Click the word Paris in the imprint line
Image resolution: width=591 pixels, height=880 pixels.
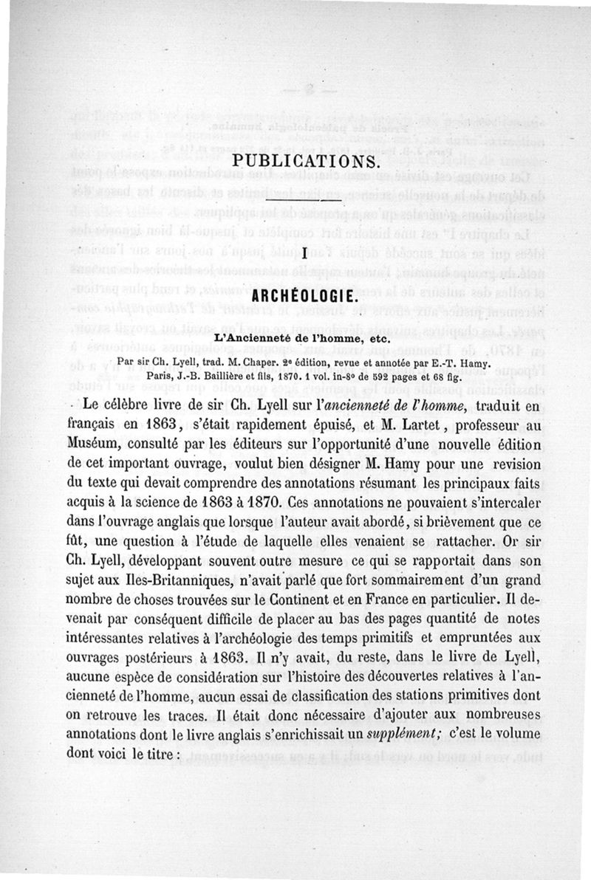pyautogui.click(x=160, y=375)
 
